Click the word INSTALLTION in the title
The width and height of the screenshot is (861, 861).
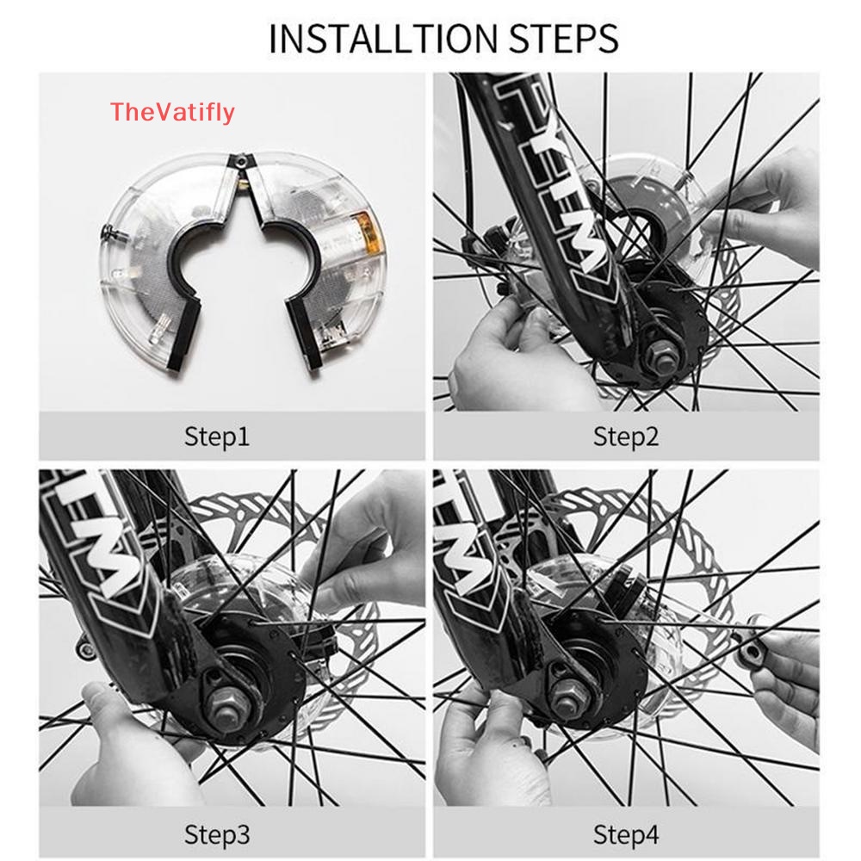[x=383, y=39]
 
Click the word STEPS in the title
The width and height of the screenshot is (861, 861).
[x=564, y=39]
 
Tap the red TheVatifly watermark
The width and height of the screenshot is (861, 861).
[x=172, y=112]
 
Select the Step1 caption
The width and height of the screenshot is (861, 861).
[x=217, y=437]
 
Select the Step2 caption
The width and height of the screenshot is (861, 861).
[x=626, y=437]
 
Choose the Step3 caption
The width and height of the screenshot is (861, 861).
[x=217, y=834]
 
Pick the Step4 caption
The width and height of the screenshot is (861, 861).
[x=626, y=834]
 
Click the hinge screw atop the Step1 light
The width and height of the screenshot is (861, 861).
[x=240, y=161]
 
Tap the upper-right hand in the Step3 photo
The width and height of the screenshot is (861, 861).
[x=362, y=543]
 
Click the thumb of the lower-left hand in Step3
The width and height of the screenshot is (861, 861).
[x=102, y=709]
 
